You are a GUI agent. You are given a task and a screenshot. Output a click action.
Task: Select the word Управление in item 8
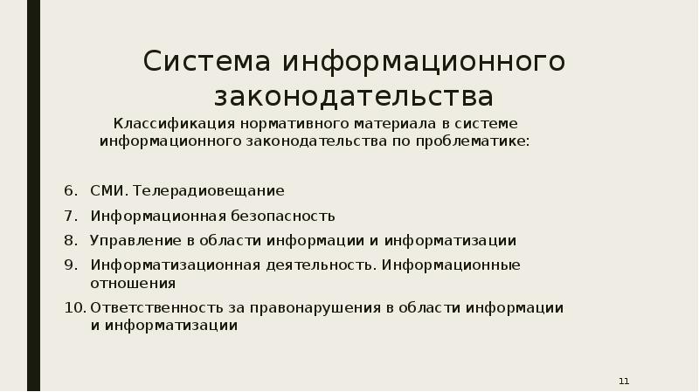(x=129, y=240)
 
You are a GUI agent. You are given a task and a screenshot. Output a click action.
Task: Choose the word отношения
(x=133, y=283)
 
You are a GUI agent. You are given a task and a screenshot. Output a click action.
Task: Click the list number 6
(x=69, y=189)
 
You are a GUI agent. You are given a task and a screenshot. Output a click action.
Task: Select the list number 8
(x=69, y=240)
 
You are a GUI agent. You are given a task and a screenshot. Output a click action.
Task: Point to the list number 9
(x=69, y=265)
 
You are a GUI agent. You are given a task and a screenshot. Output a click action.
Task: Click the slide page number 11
(x=624, y=382)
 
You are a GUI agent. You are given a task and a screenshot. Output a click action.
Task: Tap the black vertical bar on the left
(x=33, y=196)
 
